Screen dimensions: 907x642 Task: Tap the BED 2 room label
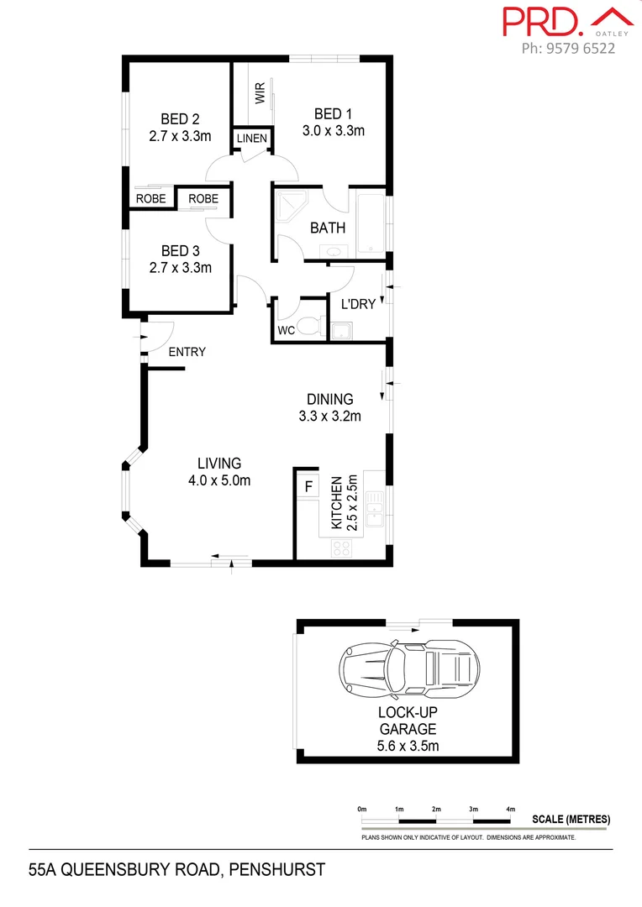click(180, 119)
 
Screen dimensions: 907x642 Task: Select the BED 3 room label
click(180, 251)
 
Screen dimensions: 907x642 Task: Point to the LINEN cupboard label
click(252, 139)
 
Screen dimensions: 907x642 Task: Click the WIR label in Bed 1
click(260, 92)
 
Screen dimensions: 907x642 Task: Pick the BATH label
click(328, 228)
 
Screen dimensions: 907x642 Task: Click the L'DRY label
click(357, 304)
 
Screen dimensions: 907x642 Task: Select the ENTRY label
click(187, 352)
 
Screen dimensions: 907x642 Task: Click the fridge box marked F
click(308, 486)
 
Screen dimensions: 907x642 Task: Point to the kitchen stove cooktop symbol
click(342, 548)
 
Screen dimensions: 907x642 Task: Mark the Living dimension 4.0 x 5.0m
click(219, 480)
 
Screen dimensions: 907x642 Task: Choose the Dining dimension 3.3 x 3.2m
click(329, 416)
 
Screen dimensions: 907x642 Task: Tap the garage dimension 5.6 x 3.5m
click(408, 745)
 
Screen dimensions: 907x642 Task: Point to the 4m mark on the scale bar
click(510, 809)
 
